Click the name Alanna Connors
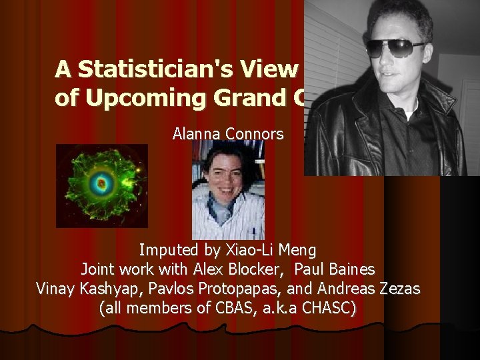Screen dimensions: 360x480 [x=227, y=134]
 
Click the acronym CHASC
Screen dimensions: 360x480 [x=329, y=309]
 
